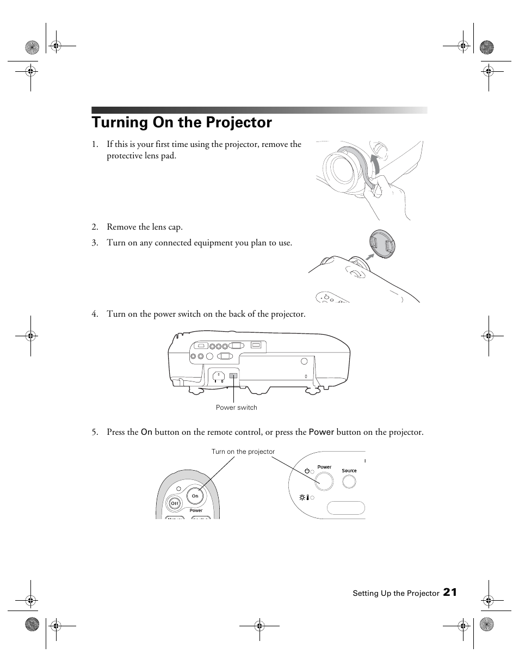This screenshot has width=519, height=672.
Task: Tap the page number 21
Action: (x=449, y=593)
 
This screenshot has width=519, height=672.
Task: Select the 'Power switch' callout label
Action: (x=236, y=408)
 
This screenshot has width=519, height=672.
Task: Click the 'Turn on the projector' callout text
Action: (x=243, y=452)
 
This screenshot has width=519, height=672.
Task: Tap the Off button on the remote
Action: (x=175, y=503)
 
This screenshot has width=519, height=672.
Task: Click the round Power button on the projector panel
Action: (x=324, y=481)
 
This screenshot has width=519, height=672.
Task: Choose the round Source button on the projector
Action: (x=349, y=482)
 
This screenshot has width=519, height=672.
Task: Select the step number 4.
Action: (x=95, y=314)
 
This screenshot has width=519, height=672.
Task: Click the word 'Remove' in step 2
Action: (x=121, y=227)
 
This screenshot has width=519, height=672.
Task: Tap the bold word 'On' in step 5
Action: (x=146, y=432)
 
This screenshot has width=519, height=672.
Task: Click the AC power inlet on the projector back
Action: (x=219, y=376)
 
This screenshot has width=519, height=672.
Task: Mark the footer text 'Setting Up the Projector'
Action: (x=396, y=593)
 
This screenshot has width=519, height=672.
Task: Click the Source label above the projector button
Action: (x=349, y=471)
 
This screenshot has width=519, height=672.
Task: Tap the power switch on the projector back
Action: (x=234, y=375)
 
